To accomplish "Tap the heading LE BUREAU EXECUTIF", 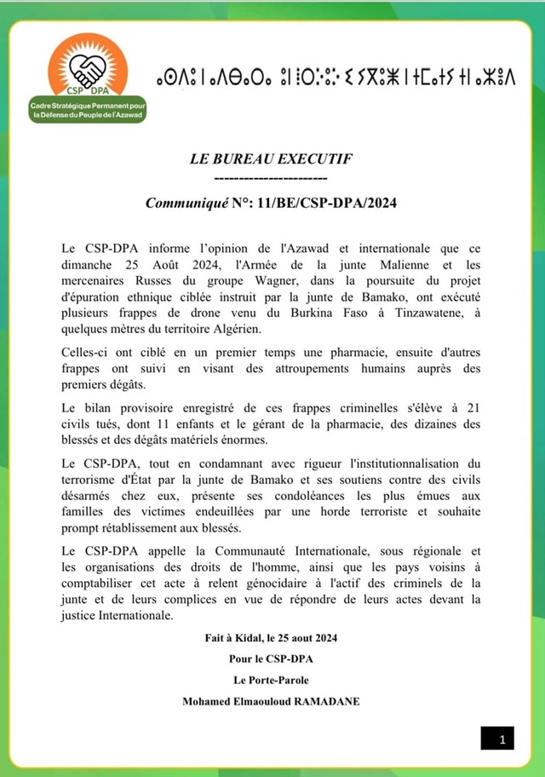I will [x=271, y=159].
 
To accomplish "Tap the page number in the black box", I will [x=499, y=739].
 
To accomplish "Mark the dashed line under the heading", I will [x=271, y=178].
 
